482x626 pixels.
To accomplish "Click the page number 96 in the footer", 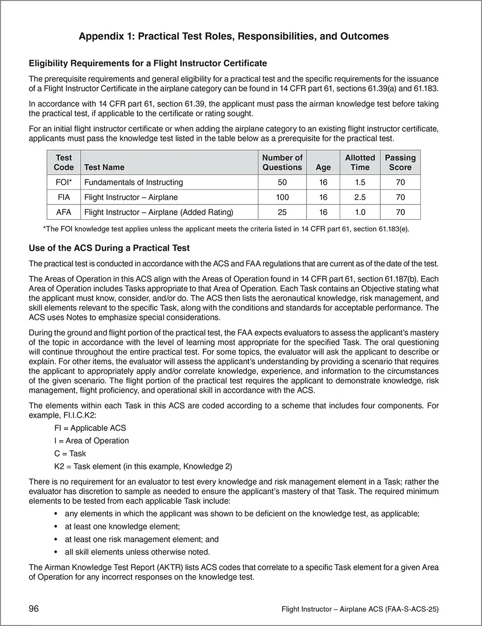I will [34, 609].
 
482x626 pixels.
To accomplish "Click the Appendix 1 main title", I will [234, 36].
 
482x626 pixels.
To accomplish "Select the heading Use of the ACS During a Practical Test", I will [109, 248].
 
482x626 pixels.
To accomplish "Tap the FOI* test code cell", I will [64, 182].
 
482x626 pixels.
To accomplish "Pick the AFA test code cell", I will [64, 212].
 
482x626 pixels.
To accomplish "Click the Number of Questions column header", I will [282, 162].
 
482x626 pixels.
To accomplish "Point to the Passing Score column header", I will [400, 162].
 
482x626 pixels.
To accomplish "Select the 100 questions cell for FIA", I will [282, 198].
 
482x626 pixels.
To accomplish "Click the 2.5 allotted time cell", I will [360, 198].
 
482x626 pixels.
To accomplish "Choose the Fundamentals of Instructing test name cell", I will [133, 182].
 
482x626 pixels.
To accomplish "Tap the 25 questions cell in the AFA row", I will [282, 212].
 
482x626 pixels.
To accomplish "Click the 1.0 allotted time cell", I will [360, 212].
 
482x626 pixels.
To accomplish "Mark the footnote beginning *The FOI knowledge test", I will [226, 229].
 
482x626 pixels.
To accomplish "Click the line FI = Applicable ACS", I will [90, 428].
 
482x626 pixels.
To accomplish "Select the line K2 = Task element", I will [143, 466].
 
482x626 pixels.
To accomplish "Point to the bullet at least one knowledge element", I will [122, 527].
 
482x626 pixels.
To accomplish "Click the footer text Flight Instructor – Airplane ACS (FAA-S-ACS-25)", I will [360, 609].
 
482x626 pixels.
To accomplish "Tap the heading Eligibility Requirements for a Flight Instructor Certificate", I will [148, 63].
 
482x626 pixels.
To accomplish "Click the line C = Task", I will [70, 453].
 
